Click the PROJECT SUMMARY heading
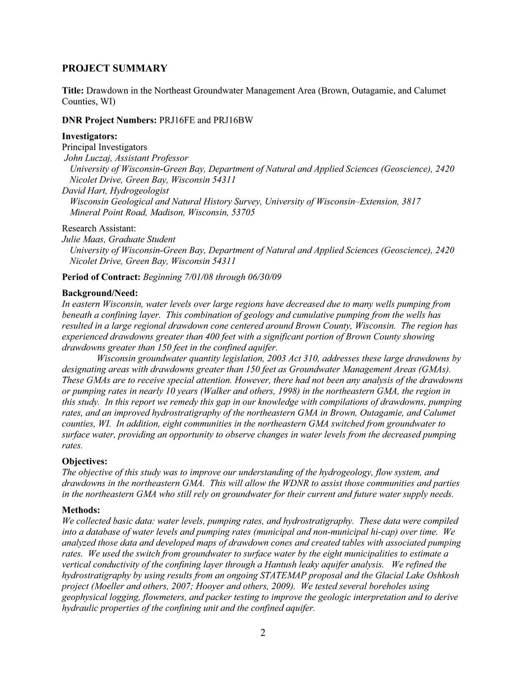[x=114, y=69]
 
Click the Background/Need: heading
[x=100, y=293]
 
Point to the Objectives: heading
[x=84, y=461]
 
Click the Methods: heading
[x=81, y=510]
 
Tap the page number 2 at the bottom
[x=263, y=633]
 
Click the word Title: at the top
[x=73, y=91]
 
